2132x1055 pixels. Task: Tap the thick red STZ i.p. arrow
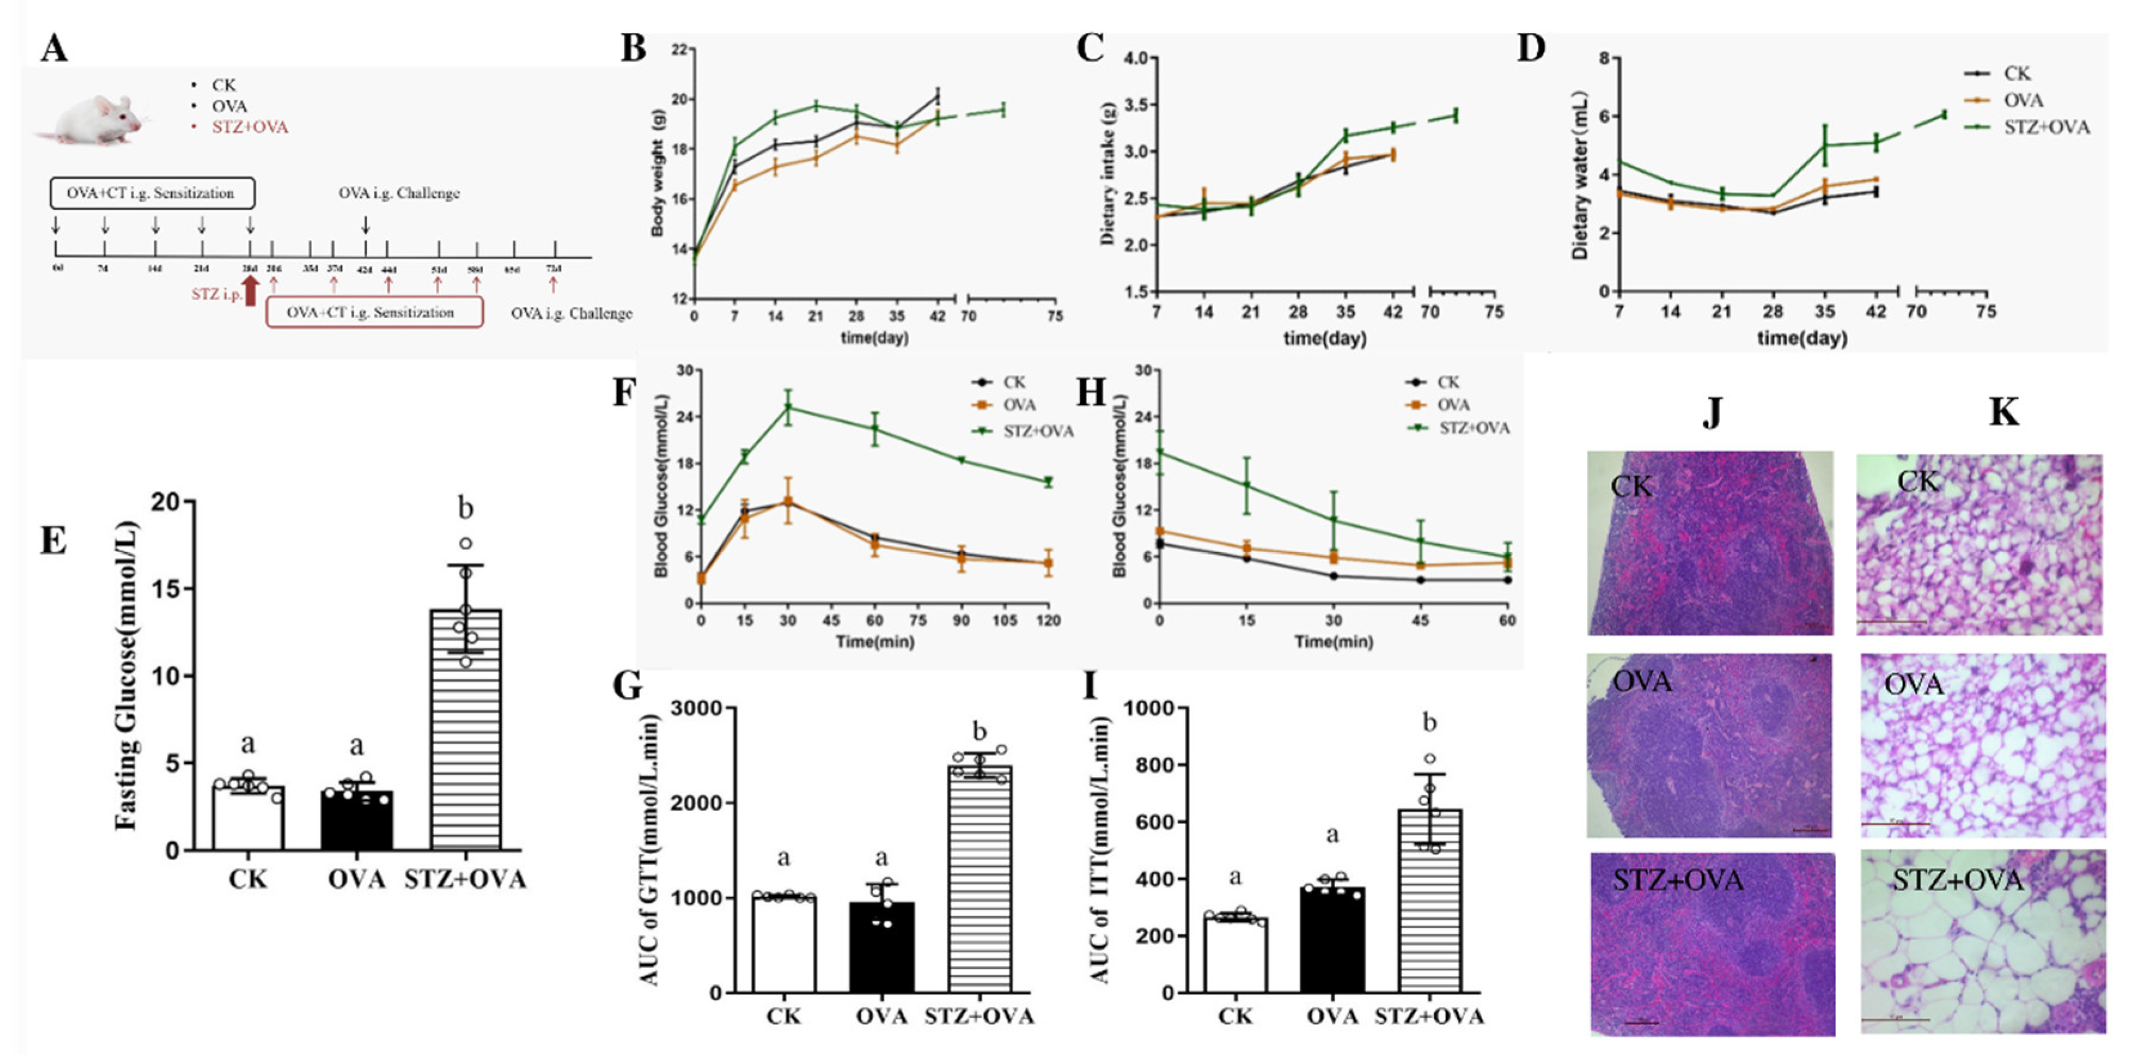tap(251, 291)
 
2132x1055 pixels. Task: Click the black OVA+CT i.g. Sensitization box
tap(151, 193)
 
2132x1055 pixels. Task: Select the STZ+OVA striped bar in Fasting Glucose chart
tap(465, 728)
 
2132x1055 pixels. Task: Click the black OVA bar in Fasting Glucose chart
tap(356, 819)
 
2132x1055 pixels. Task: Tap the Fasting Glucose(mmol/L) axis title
tap(126, 675)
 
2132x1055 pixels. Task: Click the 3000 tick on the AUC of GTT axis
tap(698, 708)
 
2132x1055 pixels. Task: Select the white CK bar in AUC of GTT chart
tap(784, 943)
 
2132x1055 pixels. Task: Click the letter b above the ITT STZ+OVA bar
tap(1429, 723)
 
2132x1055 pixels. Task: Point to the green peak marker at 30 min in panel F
tap(788, 407)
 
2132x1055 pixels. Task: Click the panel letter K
tap(2003, 411)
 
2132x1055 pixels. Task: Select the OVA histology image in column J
tap(1709, 745)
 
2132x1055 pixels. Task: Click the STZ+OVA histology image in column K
tap(1982, 943)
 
